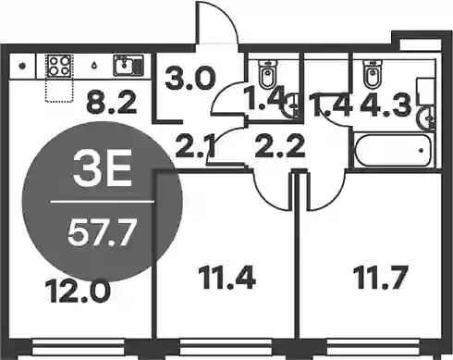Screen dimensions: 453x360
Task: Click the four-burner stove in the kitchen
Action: click(x=59, y=66)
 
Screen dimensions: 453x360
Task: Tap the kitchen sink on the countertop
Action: click(x=129, y=65)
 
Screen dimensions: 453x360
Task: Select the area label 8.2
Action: click(x=111, y=103)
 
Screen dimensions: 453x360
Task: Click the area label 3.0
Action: click(x=190, y=79)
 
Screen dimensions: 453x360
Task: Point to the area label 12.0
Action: click(x=78, y=291)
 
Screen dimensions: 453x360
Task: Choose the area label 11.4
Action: click(x=227, y=278)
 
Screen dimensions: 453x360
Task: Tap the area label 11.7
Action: click(x=382, y=278)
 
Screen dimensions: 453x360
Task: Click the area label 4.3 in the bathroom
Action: click(x=386, y=105)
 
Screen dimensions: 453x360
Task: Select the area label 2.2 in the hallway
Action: click(x=280, y=146)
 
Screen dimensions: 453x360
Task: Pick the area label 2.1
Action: click(x=195, y=146)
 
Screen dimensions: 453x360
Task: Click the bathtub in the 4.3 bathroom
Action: click(x=393, y=150)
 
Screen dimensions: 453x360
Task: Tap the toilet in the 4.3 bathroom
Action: click(x=373, y=73)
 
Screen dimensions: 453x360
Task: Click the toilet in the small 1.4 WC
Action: click(x=268, y=74)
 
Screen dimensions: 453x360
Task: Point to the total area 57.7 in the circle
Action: click(x=102, y=233)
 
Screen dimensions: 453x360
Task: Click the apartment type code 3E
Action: click(x=103, y=168)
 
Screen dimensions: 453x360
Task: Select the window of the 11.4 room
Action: click(x=226, y=348)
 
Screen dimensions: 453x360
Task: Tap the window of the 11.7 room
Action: click(x=373, y=348)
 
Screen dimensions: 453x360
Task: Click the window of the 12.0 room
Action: click(x=79, y=348)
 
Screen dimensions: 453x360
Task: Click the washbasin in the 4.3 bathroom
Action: click(x=426, y=118)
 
